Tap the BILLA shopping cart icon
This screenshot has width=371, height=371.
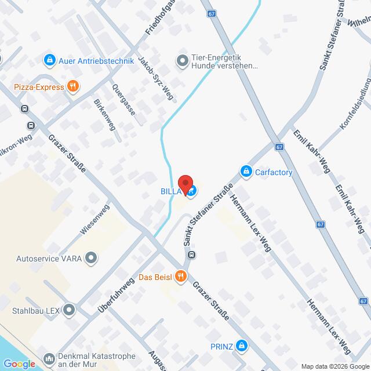(x=192, y=191)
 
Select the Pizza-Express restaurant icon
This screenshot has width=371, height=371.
(x=72, y=88)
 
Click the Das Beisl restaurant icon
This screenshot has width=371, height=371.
(x=181, y=277)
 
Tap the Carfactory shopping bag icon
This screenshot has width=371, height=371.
(x=246, y=172)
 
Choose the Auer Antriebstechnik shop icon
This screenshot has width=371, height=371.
(x=49, y=60)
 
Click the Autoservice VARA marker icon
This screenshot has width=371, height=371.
(x=91, y=257)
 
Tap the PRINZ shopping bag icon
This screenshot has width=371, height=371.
(x=242, y=347)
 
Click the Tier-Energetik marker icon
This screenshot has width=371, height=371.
(x=181, y=60)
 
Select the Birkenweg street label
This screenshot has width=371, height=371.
(x=104, y=115)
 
